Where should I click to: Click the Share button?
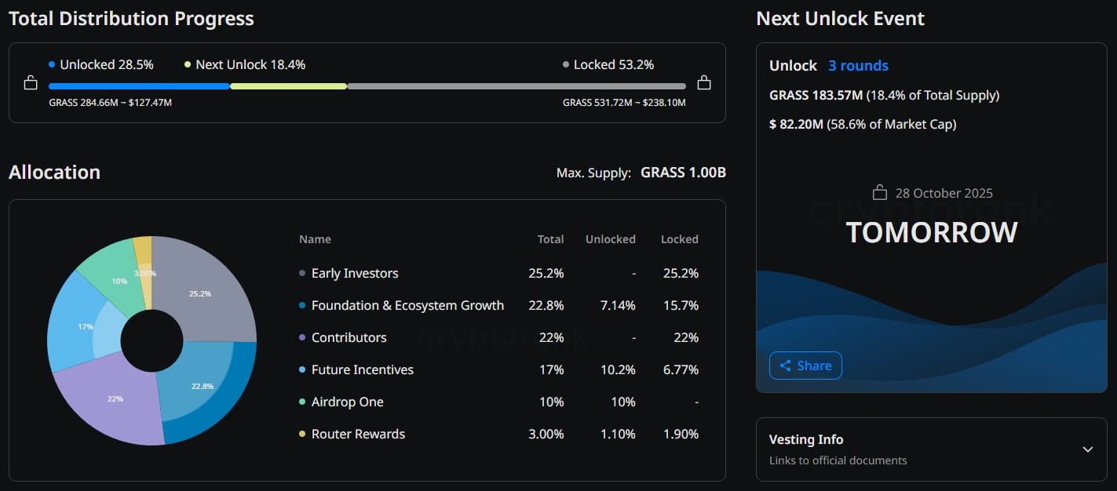805,366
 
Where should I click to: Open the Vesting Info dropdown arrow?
1087,449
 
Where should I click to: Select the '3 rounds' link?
858,66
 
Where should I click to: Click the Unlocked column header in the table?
610,239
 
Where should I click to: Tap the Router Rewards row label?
358,434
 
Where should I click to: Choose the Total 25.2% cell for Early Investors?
546,273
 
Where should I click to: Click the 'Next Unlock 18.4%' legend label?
250,64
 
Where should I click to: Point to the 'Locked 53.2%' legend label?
613,64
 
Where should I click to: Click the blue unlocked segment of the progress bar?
139,86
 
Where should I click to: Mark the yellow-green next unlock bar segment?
288,86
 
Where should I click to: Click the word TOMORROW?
932,232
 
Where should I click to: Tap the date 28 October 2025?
944,193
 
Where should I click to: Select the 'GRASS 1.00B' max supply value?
683,173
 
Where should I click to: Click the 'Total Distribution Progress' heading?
131,19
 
